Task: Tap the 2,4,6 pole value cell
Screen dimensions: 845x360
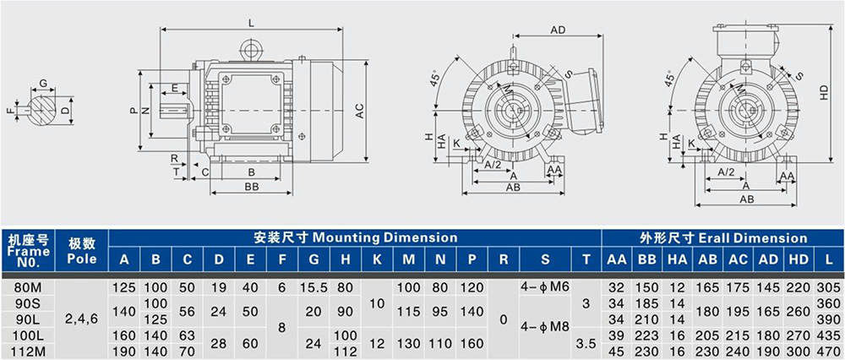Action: pos(81,319)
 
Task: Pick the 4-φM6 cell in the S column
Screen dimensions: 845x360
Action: pos(545,286)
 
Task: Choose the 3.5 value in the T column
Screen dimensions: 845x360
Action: pos(586,343)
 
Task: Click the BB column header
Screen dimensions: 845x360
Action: pos(646,259)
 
